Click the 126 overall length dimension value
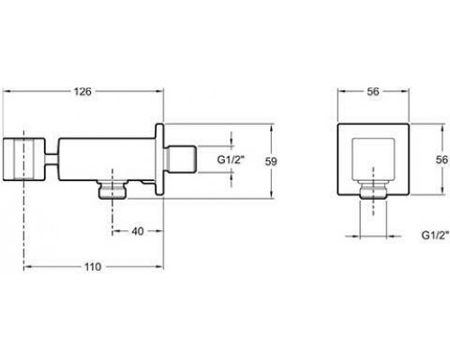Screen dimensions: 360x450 coord(84,92)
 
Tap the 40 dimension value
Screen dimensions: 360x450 coord(138,206)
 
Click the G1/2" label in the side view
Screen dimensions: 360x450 coord(208,160)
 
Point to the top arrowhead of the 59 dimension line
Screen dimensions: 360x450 coord(271,125)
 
